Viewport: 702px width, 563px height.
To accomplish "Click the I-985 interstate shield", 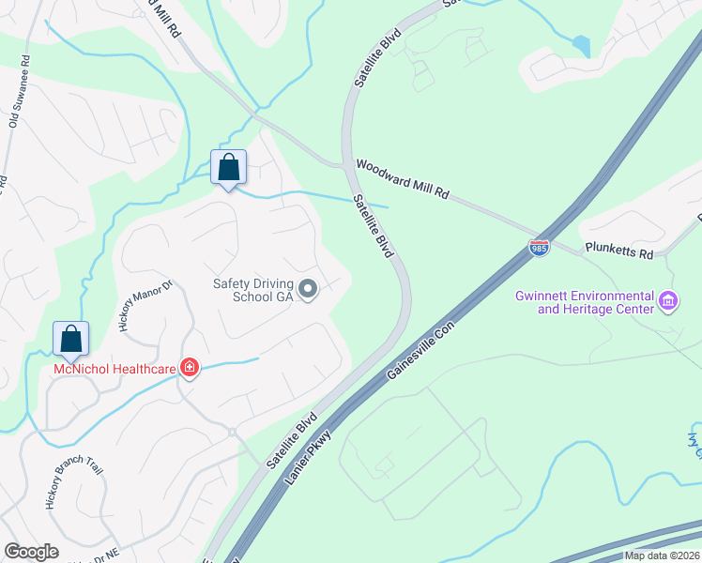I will pyautogui.click(x=539, y=249).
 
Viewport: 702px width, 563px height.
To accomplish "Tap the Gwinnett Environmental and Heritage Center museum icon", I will pyautogui.click(x=668, y=301).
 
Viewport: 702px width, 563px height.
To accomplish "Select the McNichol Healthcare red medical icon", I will pyautogui.click(x=191, y=367).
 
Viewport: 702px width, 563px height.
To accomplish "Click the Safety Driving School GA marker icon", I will pyautogui.click(x=308, y=289).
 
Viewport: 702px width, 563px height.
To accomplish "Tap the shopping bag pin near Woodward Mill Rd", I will pyautogui.click(x=228, y=168).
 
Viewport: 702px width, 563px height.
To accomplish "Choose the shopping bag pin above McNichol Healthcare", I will pyautogui.click(x=70, y=340).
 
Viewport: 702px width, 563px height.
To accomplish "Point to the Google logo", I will pyautogui.click(x=32, y=551).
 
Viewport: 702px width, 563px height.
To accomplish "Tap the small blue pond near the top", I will pyautogui.click(x=581, y=46).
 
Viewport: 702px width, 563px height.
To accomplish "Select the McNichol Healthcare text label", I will pyautogui.click(x=114, y=369).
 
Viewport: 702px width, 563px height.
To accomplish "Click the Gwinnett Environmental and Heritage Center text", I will pyautogui.click(x=584, y=301).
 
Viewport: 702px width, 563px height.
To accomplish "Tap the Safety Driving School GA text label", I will pyautogui.click(x=252, y=289).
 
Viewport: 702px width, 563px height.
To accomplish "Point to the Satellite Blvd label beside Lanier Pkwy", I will pyautogui.click(x=287, y=441).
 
